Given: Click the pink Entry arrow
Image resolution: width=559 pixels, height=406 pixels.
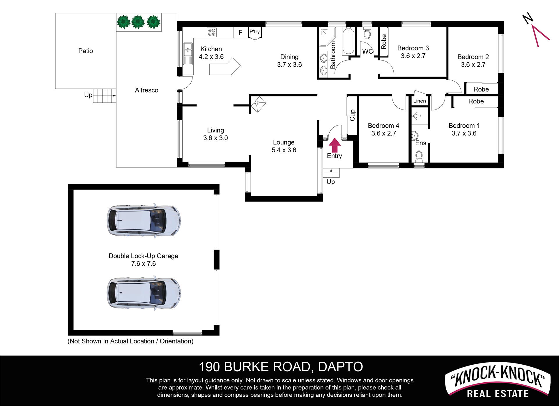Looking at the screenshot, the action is (335, 145).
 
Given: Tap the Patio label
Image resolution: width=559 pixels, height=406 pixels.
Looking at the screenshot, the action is (86, 51).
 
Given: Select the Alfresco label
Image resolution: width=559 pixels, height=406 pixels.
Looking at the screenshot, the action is (146, 90).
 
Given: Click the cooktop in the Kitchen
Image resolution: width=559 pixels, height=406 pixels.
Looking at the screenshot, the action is (212, 32).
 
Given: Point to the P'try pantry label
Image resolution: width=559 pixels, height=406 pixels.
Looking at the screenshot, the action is (254, 31).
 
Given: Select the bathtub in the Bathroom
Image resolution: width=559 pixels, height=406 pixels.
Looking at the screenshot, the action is (348, 41).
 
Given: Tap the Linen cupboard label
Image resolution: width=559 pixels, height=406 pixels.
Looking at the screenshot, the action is (420, 101).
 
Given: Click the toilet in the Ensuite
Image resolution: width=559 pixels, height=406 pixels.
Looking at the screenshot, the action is (419, 156).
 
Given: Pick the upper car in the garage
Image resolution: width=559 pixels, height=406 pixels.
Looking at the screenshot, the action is (144, 220).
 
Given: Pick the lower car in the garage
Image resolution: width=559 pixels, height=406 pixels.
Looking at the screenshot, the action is (144, 293).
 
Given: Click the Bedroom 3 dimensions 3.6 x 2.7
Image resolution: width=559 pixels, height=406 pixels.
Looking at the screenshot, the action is (413, 56).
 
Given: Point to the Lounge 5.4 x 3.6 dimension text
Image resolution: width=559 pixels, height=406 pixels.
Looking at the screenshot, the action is (284, 150).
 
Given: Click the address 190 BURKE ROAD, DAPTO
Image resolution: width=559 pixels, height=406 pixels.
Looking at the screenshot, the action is (281, 367).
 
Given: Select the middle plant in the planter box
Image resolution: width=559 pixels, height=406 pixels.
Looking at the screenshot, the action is (138, 22).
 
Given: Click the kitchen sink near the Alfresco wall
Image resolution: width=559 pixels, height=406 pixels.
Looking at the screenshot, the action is (188, 50).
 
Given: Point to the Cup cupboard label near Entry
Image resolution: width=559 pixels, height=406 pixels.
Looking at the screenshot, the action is (352, 115).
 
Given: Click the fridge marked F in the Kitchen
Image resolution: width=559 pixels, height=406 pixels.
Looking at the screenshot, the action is (240, 32).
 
